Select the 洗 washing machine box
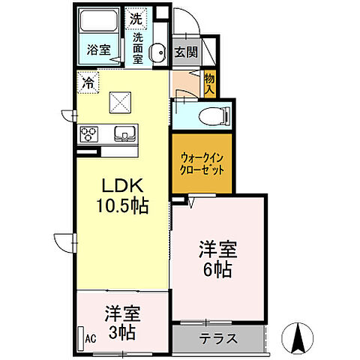coord(136,17)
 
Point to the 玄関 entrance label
coord(186,52)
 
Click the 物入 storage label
coord(209,82)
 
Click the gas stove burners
coord(89,135)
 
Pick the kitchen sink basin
coord(123,135)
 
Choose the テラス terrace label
coord(218,338)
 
